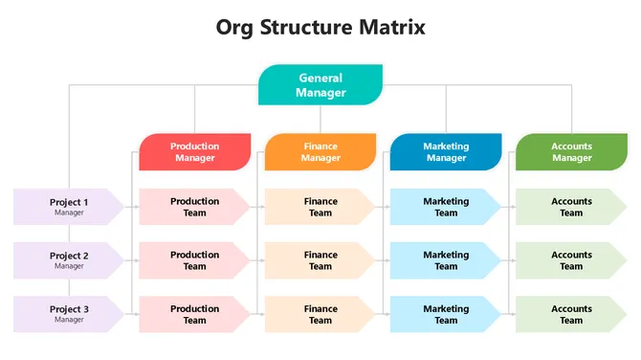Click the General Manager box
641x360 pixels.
coord(320,85)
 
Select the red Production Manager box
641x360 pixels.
coord(195,152)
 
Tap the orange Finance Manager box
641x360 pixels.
coord(320,152)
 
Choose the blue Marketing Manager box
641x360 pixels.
coord(446,152)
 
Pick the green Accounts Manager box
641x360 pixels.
coord(571,152)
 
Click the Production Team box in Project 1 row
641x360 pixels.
coord(195,207)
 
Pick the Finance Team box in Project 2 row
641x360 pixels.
coord(320,260)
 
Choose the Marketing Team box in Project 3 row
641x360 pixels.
coord(446,314)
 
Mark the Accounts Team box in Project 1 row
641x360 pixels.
coord(571,207)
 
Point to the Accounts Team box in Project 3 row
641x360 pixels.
coord(571,314)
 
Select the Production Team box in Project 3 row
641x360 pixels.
coord(195,314)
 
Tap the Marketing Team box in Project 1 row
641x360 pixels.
coord(446,207)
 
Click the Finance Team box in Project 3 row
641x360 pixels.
coord(320,314)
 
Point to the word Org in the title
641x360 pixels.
coord(237,28)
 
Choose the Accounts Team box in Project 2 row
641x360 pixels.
coord(571,260)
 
